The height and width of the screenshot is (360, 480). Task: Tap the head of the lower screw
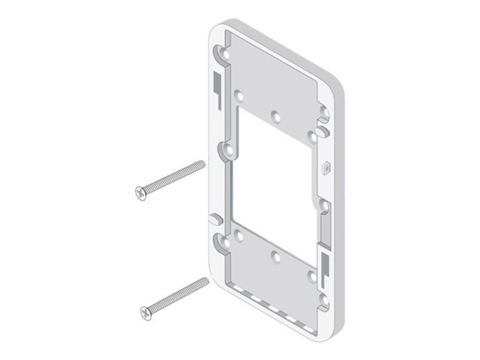tap(145, 312)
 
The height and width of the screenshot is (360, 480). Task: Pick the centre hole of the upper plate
tap(276, 116)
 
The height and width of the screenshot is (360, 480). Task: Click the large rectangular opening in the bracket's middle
tap(273, 184)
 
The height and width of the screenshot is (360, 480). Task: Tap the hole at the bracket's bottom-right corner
tap(324, 299)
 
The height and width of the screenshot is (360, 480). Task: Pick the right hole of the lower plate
tap(313, 275)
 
